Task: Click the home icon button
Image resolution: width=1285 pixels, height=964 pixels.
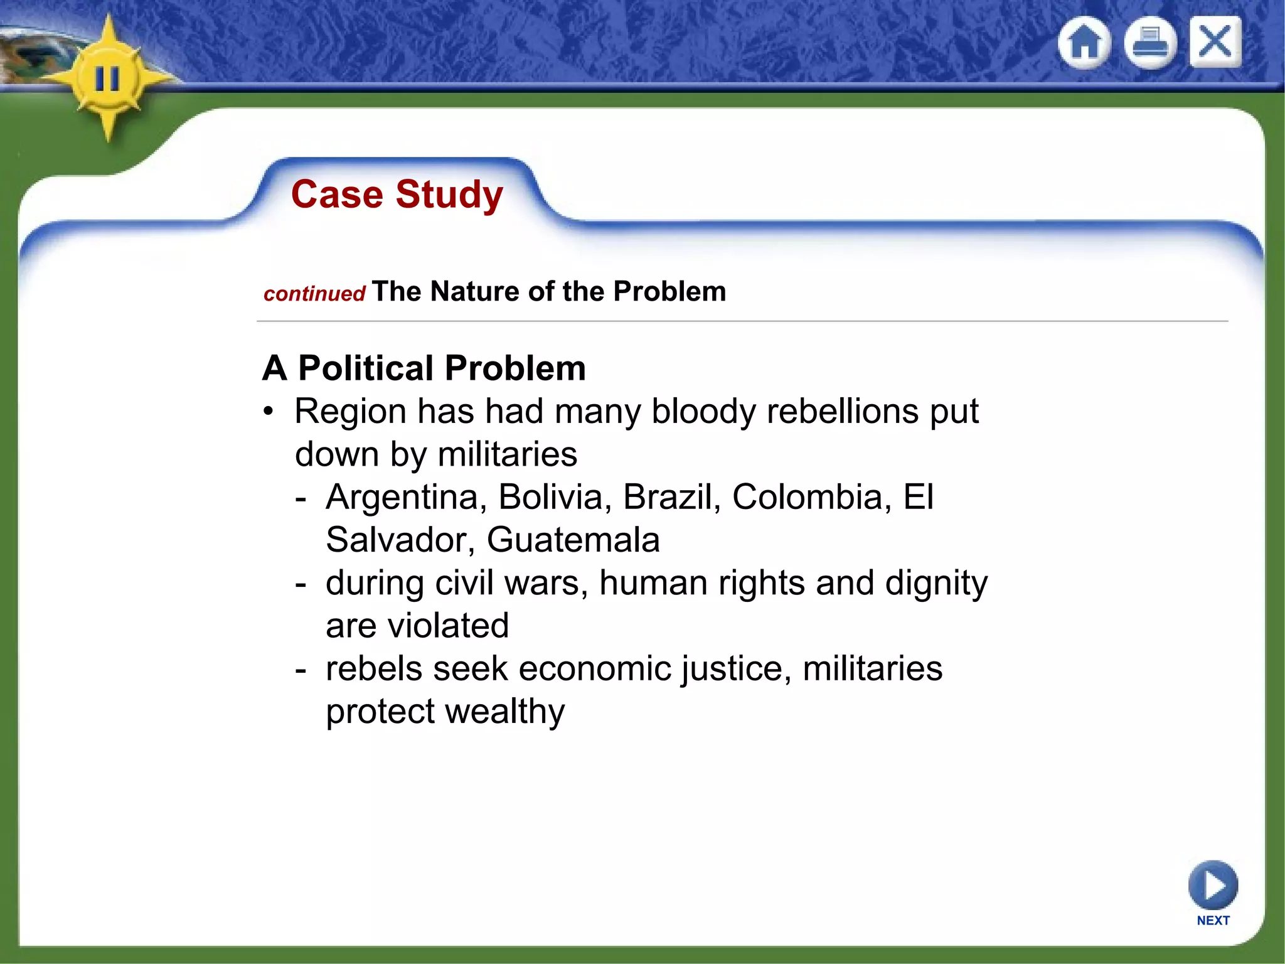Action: tap(1084, 43)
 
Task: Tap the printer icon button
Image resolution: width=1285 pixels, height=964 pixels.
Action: tap(1149, 43)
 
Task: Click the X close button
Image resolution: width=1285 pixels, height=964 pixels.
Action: tap(1215, 42)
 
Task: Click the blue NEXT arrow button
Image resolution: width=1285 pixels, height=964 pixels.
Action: tap(1213, 886)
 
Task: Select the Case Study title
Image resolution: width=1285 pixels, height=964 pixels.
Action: tap(397, 194)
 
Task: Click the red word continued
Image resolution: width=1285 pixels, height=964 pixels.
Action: tap(314, 294)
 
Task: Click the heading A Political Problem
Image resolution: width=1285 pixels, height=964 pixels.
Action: tap(424, 368)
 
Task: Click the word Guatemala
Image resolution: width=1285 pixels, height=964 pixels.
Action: tap(573, 540)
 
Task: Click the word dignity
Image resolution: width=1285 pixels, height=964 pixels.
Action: tap(936, 583)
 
